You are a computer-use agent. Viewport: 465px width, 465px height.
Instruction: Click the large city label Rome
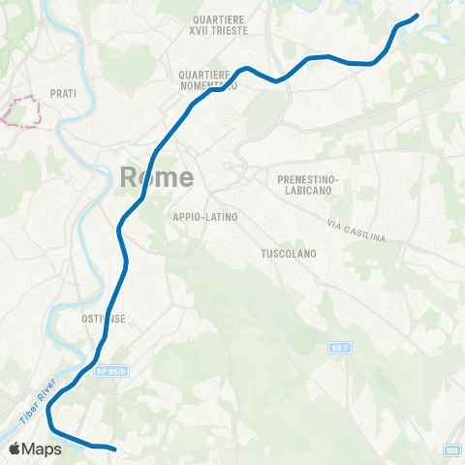pyautogui.click(x=157, y=176)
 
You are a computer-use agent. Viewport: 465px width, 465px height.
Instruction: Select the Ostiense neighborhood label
pyautogui.click(x=98, y=317)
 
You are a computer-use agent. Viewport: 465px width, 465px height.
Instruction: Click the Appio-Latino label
pyautogui.click(x=204, y=217)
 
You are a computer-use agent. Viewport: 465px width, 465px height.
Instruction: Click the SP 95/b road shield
pyautogui.click(x=111, y=371)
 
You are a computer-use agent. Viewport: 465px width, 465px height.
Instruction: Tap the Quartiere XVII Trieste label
pyautogui.click(x=220, y=25)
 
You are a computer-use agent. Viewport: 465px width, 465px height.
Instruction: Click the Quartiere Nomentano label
pyautogui.click(x=207, y=78)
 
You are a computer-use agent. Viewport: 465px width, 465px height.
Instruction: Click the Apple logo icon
pyautogui.click(x=16, y=449)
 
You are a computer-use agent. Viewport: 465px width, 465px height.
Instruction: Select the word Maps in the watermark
pyautogui.click(x=43, y=449)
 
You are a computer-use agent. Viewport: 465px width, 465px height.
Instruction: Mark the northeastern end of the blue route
pyautogui.click(x=416, y=15)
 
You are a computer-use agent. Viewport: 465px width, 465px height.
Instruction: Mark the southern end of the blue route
pyautogui.click(x=113, y=449)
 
